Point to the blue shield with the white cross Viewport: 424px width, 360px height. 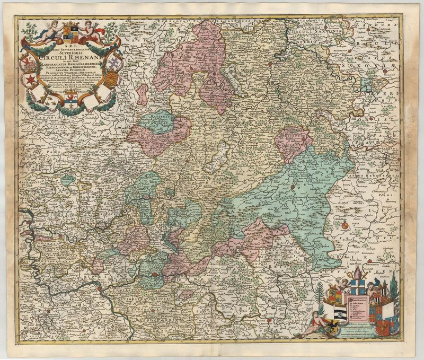(x=358, y=287)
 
